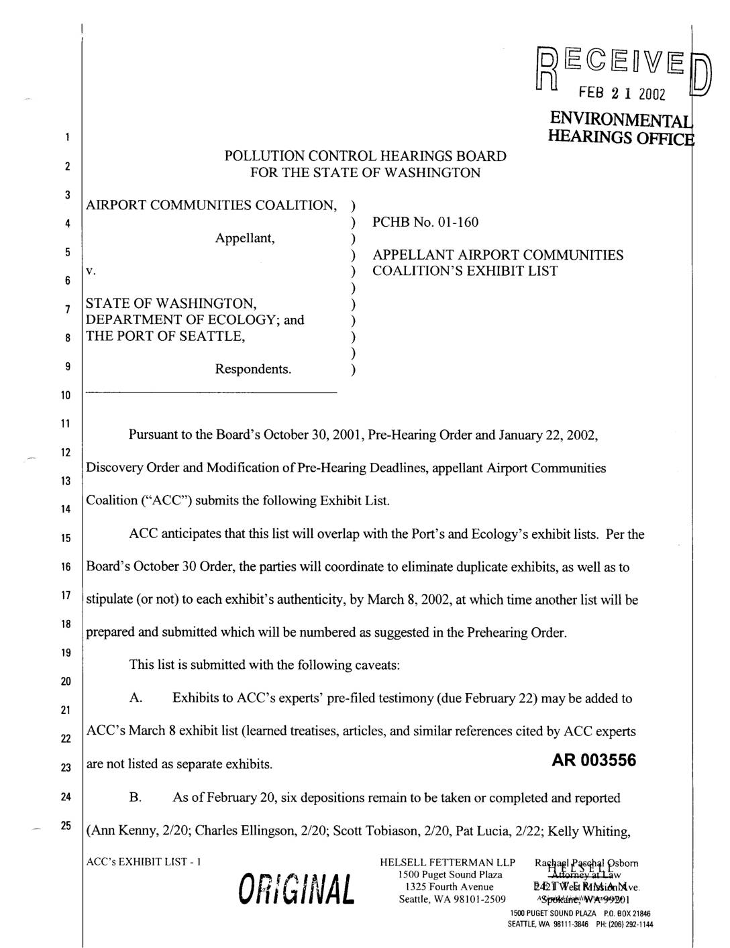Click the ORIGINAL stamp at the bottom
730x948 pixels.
coord(292,890)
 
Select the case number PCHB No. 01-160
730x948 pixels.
coord(425,221)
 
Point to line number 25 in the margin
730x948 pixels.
coord(66,825)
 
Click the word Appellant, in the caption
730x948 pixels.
coord(245,238)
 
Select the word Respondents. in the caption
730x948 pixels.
coord(254,369)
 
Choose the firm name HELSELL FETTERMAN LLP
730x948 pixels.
coord(447,862)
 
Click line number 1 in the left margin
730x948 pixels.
coord(66,138)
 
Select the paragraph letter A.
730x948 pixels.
coord(136,698)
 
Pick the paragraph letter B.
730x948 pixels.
coord(136,798)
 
